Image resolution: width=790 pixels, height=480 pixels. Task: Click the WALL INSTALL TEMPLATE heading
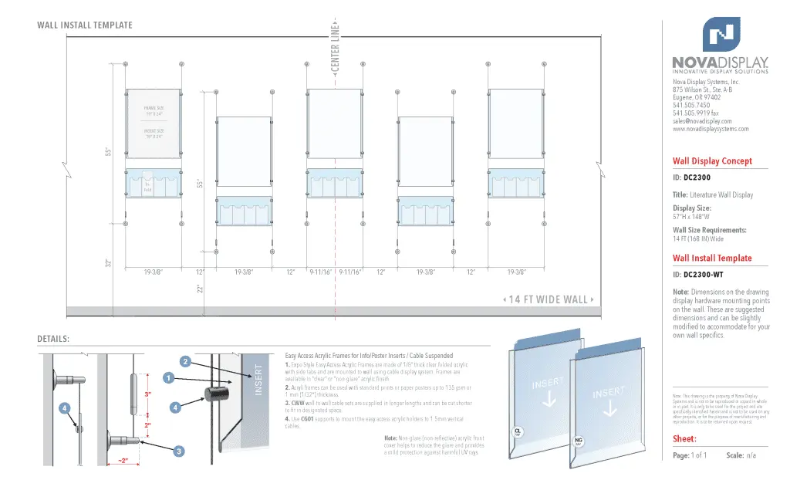[85, 25]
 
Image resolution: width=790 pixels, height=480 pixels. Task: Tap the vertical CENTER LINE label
[336, 48]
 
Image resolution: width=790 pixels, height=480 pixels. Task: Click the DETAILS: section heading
[53, 339]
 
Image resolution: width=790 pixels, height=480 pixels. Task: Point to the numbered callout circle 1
[168, 377]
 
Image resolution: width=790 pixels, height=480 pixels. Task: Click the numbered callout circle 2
[185, 361]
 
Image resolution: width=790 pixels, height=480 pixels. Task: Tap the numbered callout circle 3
[179, 450]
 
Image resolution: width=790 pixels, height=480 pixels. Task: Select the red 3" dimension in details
[147, 394]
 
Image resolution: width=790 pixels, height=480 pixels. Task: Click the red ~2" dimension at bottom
[123, 461]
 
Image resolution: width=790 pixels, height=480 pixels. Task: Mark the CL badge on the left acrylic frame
[518, 431]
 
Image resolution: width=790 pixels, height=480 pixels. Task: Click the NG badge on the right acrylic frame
[578, 441]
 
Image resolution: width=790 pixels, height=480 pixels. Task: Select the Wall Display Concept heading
[712, 161]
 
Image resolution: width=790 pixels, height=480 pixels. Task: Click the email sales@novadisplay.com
[702, 121]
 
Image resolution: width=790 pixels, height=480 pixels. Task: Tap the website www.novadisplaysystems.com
[711, 129]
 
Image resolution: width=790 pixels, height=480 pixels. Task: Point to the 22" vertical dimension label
[199, 289]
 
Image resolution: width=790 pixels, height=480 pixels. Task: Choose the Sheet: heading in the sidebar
[685, 438]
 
